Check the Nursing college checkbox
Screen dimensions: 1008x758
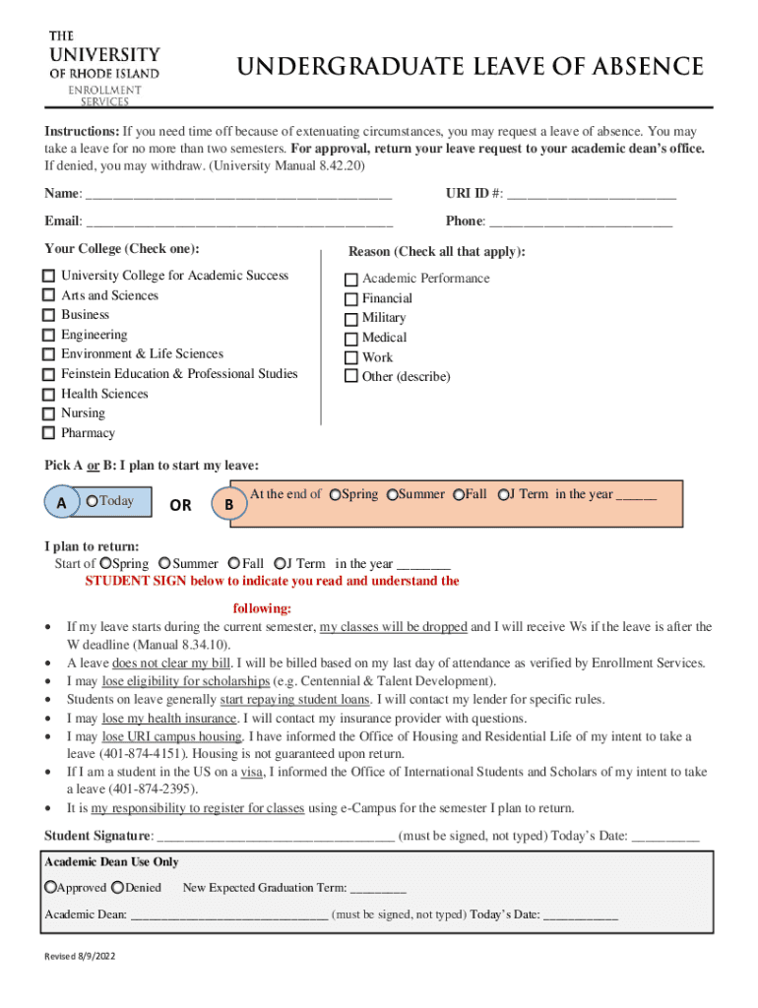[x=48, y=414]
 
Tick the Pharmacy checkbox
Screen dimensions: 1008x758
[x=48, y=434]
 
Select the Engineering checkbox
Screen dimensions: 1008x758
[x=48, y=336]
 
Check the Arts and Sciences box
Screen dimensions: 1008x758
[x=48, y=296]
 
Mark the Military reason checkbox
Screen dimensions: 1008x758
[x=350, y=319]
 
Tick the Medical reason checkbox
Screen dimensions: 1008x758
[x=350, y=339]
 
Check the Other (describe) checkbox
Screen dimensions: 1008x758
[x=350, y=377]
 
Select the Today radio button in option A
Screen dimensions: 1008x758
[x=92, y=502]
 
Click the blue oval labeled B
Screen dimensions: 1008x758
[x=228, y=505]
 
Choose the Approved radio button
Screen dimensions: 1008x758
[x=50, y=888]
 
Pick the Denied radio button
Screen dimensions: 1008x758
[x=118, y=888]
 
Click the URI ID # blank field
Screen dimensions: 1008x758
[x=592, y=194]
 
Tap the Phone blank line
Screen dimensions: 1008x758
[x=581, y=221]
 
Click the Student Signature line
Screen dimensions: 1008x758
[x=277, y=837]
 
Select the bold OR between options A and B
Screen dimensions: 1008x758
[x=180, y=505]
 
